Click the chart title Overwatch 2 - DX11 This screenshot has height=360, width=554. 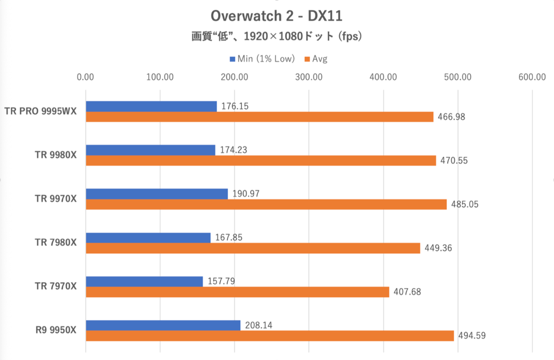(276, 16)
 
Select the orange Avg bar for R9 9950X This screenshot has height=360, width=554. (270, 336)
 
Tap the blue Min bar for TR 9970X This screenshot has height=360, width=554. (157, 194)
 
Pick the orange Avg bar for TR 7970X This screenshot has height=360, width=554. (237, 292)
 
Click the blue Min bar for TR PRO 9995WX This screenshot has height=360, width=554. (151, 106)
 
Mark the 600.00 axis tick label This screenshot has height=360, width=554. (532, 77)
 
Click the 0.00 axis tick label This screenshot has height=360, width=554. (86, 77)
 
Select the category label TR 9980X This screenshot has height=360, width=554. (56, 156)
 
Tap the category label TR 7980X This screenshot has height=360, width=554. (56, 243)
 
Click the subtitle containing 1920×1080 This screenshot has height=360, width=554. (276, 37)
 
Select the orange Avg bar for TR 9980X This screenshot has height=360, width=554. (261, 161)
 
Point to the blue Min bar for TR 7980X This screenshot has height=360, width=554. (148, 238)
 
